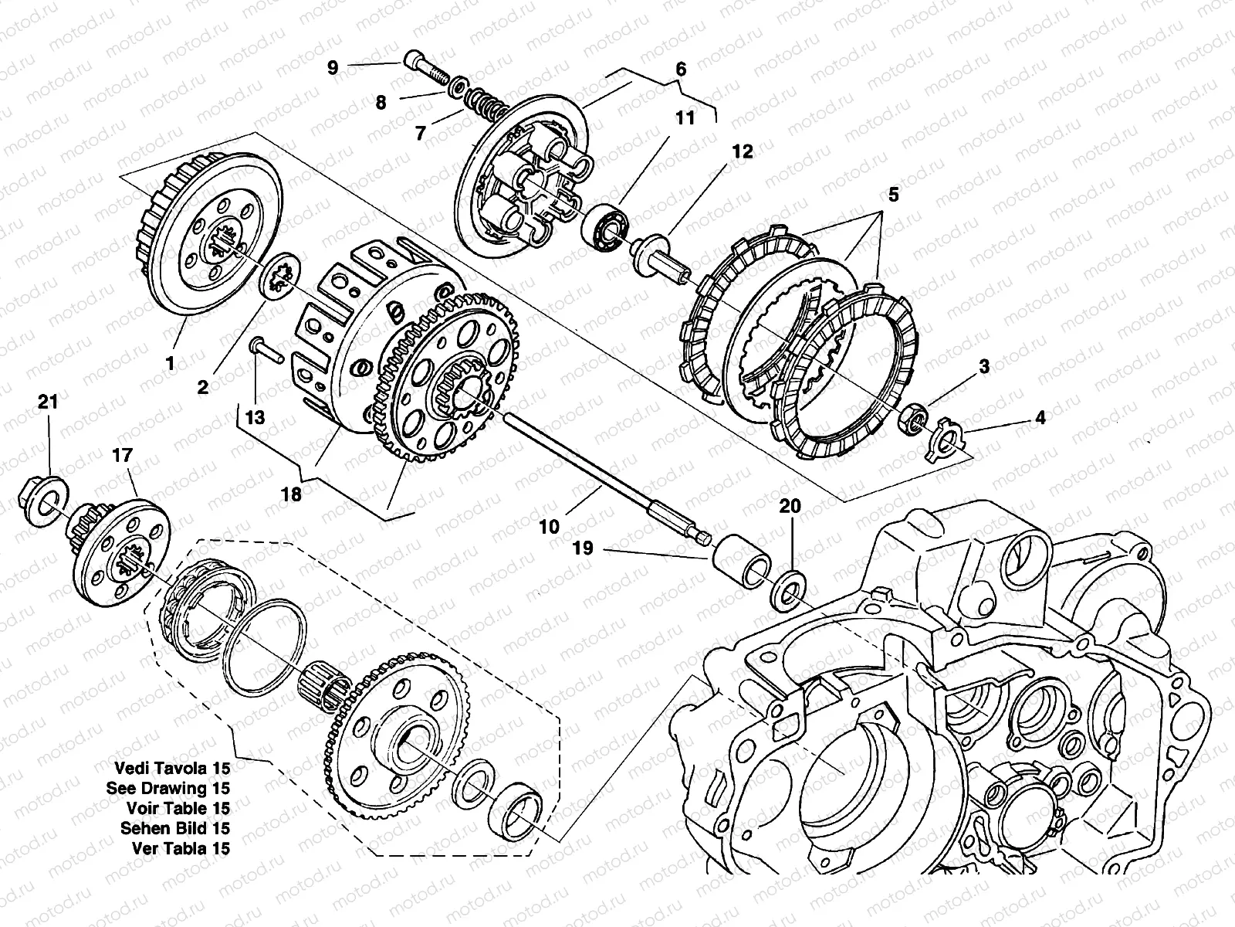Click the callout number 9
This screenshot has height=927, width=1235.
click(x=333, y=68)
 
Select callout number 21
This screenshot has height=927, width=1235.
click(x=48, y=402)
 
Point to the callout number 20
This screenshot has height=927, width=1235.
click(x=790, y=506)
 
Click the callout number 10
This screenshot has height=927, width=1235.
click(x=549, y=528)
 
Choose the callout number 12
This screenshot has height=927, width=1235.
click(x=742, y=152)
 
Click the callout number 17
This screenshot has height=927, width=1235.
click(x=123, y=457)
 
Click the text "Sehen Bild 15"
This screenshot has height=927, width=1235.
click(x=174, y=828)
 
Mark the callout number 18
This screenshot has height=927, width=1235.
click(x=291, y=494)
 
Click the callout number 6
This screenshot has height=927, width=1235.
click(x=680, y=69)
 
